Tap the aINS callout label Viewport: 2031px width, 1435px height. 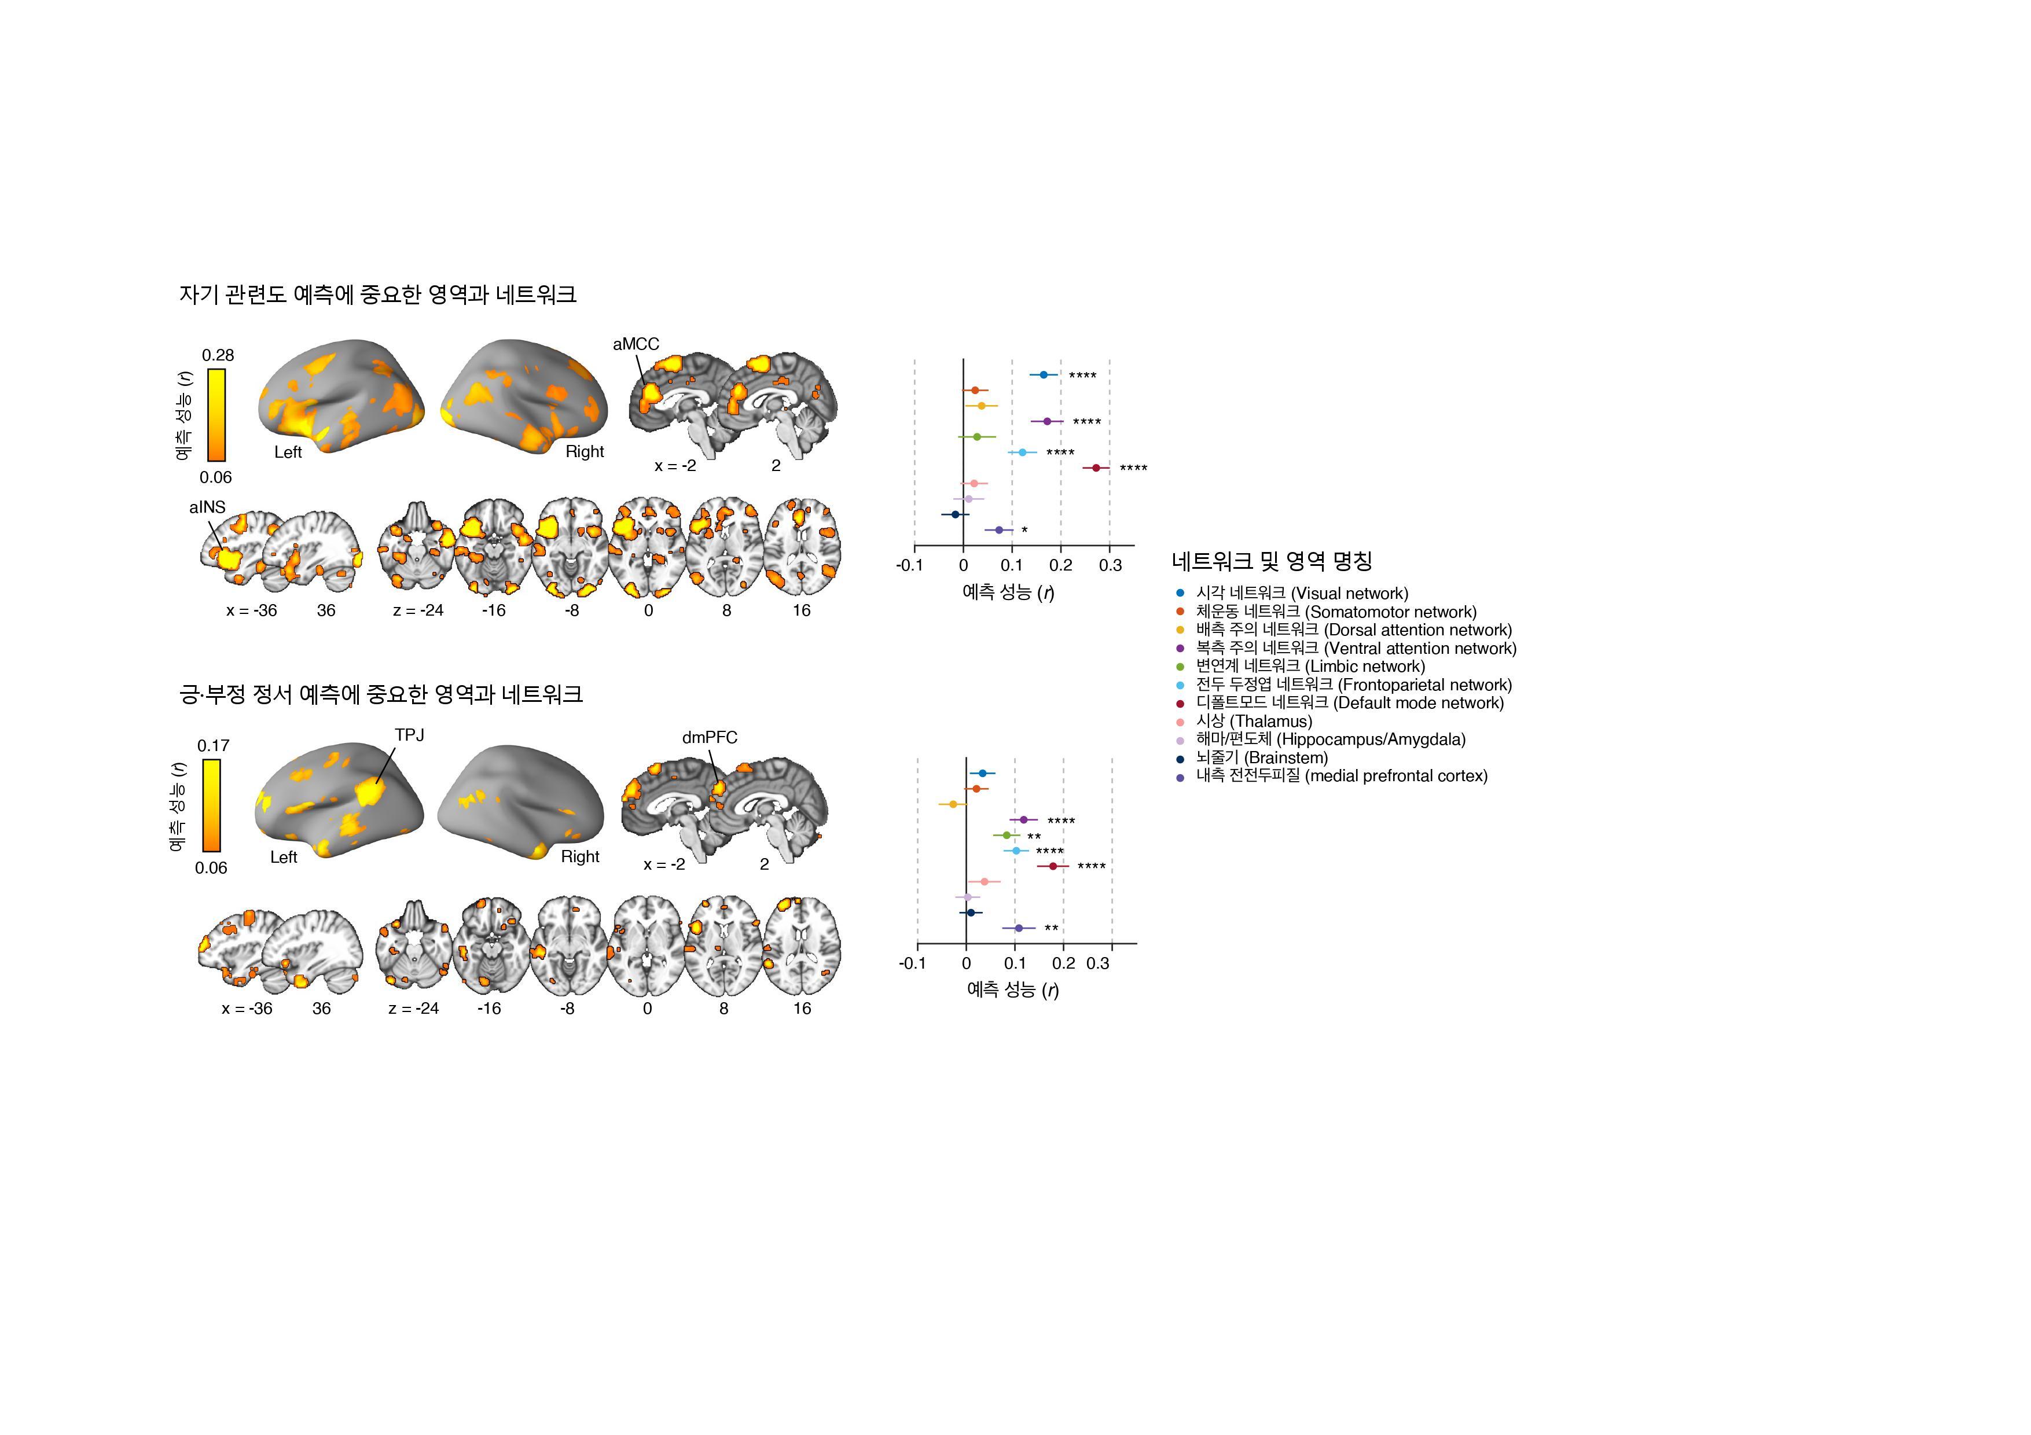(207, 507)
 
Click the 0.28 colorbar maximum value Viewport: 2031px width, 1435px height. (218, 355)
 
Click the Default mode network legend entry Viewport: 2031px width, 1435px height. (1349, 703)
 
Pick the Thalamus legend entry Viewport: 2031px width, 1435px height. (1254, 722)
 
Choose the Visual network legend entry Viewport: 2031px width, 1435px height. (1301, 593)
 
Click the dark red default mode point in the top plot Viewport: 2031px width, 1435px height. (1096, 468)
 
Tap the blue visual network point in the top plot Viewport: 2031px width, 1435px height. (1043, 375)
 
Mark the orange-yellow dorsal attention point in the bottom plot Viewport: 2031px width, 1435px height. (953, 804)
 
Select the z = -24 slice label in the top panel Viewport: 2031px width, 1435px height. (418, 610)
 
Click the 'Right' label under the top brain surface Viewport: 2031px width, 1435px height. (585, 452)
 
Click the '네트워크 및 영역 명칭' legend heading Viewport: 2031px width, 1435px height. (1271, 561)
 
